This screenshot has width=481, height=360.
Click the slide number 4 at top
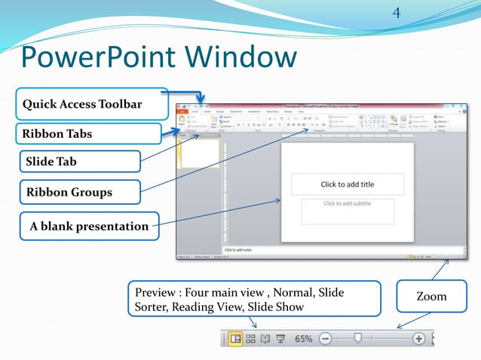(x=397, y=13)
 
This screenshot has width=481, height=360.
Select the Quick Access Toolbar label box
(x=83, y=103)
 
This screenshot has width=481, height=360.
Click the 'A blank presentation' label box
(x=87, y=226)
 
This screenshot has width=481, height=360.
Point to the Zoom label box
(x=432, y=296)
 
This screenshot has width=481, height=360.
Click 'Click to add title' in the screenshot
(x=347, y=185)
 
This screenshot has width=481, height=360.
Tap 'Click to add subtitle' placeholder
(x=347, y=203)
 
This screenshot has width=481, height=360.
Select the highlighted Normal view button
(x=236, y=339)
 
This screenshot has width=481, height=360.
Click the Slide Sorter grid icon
(x=251, y=339)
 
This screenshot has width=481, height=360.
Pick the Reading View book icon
(x=265, y=339)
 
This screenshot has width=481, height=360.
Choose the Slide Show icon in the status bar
(x=280, y=339)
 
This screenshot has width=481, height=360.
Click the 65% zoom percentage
(x=303, y=339)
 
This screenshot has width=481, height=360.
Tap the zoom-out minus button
(x=324, y=339)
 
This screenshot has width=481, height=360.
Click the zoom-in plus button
(x=418, y=339)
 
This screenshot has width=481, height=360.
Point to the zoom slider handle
(x=358, y=339)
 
